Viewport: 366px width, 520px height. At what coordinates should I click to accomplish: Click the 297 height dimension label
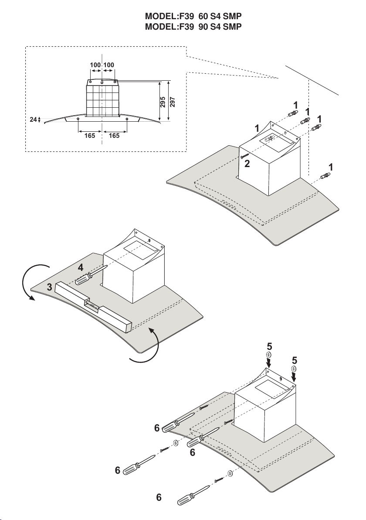[x=173, y=102]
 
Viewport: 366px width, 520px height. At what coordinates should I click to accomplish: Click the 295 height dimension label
[x=163, y=102]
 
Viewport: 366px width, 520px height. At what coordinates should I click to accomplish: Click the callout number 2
[x=247, y=164]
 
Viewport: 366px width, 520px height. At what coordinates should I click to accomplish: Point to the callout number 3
[x=49, y=287]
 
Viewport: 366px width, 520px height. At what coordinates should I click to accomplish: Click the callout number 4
[x=81, y=267]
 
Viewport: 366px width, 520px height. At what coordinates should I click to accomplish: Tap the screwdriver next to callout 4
[x=91, y=275]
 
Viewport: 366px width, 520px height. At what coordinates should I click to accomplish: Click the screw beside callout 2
[x=245, y=156]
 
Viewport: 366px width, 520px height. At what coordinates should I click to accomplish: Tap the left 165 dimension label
[x=90, y=135]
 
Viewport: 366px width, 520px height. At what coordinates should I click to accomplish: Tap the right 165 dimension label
[x=114, y=135]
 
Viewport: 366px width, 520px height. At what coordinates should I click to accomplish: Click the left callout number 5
[x=269, y=346]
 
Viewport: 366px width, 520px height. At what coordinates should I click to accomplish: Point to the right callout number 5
[x=295, y=360]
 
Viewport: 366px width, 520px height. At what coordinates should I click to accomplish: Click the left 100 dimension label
[x=95, y=65]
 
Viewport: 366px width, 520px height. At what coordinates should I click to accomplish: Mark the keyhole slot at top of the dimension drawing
[x=102, y=82]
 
